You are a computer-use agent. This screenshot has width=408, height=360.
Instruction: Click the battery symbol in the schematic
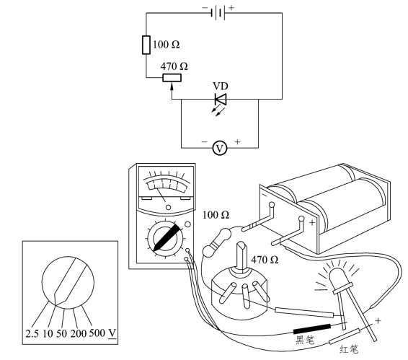[x=218, y=13]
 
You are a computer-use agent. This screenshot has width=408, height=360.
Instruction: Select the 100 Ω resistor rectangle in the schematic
[x=146, y=45]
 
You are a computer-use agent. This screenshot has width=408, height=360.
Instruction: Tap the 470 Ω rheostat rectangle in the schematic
[x=172, y=78]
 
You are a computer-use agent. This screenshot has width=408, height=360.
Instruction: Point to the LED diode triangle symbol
[x=221, y=99]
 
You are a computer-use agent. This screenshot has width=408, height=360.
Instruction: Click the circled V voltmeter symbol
[x=220, y=148]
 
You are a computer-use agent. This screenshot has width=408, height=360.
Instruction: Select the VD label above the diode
[x=221, y=87]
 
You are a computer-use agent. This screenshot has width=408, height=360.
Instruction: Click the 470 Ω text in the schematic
[x=174, y=66]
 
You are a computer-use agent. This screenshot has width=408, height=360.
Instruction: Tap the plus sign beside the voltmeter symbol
[x=237, y=142]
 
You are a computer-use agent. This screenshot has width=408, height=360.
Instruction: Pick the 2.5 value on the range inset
[x=32, y=333]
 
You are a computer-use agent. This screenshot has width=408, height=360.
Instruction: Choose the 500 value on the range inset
[x=97, y=333]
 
